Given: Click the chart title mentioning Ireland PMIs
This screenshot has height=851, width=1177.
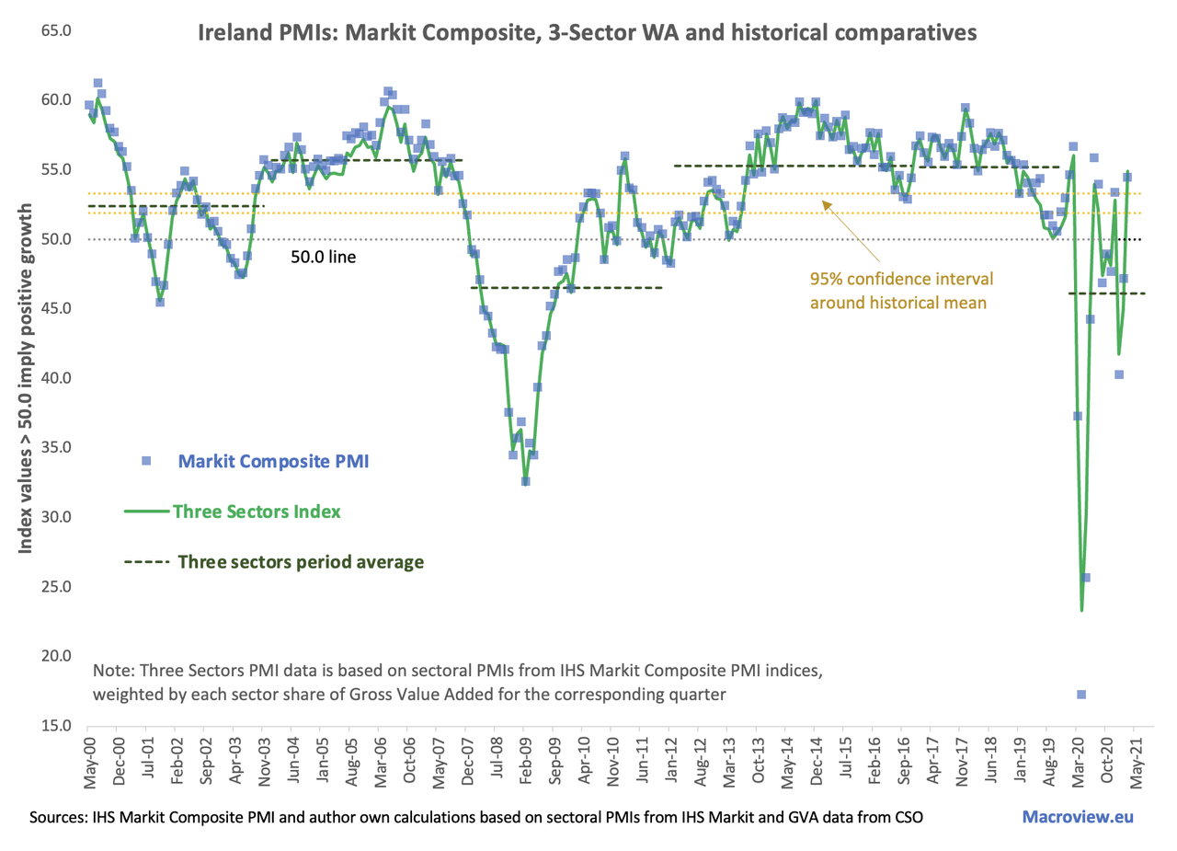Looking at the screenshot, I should (588, 33).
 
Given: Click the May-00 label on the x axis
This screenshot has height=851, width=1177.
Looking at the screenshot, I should (90, 763).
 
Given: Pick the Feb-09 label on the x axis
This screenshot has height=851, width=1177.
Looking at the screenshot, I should (525, 763).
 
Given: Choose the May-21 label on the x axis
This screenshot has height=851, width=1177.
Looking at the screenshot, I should (1134, 763).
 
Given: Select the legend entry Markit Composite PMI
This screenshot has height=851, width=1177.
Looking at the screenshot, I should (274, 461).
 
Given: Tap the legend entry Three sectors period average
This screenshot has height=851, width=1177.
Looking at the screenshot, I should (301, 561).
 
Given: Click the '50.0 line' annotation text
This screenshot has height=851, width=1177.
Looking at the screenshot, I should (323, 258).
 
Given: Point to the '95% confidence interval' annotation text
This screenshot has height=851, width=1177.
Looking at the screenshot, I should (902, 276).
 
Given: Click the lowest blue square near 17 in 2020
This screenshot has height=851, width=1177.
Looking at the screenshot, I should (1081, 695).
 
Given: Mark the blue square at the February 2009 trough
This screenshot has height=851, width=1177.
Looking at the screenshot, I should (525, 481).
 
